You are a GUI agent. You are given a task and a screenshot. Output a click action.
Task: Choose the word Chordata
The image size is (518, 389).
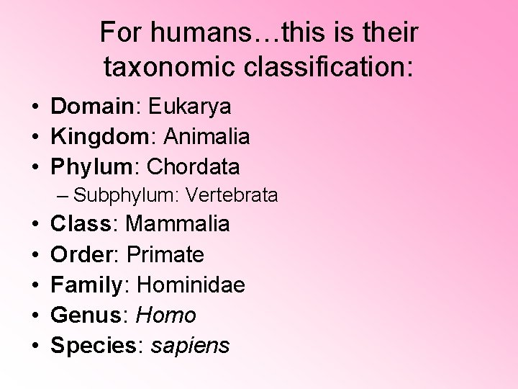[x=193, y=167]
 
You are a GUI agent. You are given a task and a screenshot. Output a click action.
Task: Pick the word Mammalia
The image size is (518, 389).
[x=178, y=224]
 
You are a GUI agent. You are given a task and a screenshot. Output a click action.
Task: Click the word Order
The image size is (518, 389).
[x=78, y=254]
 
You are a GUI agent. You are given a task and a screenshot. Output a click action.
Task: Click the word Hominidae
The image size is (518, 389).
[x=191, y=285]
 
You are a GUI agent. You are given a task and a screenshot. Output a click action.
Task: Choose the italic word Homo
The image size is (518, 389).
[x=166, y=316]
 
